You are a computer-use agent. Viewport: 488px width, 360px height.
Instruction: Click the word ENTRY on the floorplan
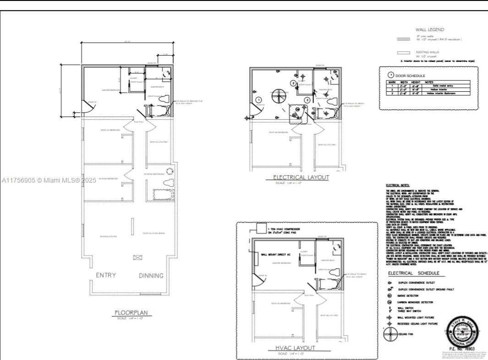(x=105, y=275)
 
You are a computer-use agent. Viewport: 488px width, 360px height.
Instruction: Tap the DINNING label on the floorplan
(x=151, y=276)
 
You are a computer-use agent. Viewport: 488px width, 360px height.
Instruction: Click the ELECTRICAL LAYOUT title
(x=301, y=177)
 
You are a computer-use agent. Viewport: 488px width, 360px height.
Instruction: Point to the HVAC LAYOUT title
(x=296, y=348)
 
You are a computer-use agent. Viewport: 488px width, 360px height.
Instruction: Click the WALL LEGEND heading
(x=429, y=29)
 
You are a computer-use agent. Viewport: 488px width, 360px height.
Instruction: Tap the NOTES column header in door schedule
(x=429, y=82)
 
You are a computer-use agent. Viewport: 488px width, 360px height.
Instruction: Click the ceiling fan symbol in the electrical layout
(x=279, y=96)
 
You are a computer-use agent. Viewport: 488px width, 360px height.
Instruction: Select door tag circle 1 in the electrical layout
(x=258, y=100)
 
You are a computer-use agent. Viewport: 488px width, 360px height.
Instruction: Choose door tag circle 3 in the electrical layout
(x=307, y=100)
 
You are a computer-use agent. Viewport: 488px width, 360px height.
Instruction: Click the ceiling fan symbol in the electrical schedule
(x=390, y=333)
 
